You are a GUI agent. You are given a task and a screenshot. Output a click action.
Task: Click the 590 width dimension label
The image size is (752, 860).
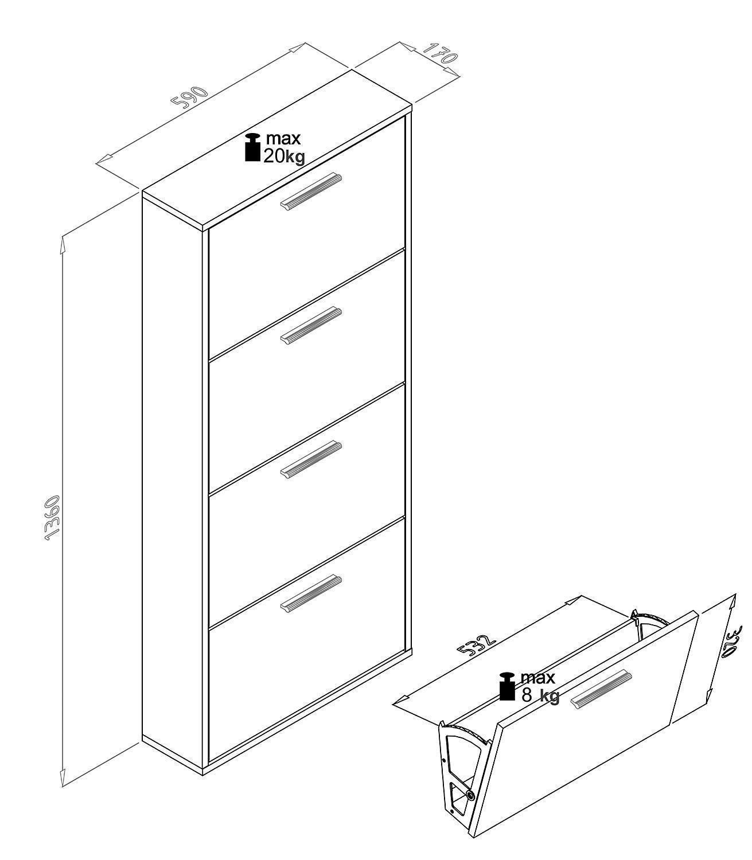(190, 98)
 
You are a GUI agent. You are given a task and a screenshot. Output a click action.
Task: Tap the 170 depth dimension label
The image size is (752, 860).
(439, 53)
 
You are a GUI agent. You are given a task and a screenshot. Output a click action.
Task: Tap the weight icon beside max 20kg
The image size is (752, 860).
(253, 147)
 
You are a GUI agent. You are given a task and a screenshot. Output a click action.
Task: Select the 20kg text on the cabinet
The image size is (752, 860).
(284, 157)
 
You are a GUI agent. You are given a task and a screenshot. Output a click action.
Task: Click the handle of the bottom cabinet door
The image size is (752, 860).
(311, 593)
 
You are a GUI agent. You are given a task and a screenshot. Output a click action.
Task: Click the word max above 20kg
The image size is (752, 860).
(283, 139)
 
